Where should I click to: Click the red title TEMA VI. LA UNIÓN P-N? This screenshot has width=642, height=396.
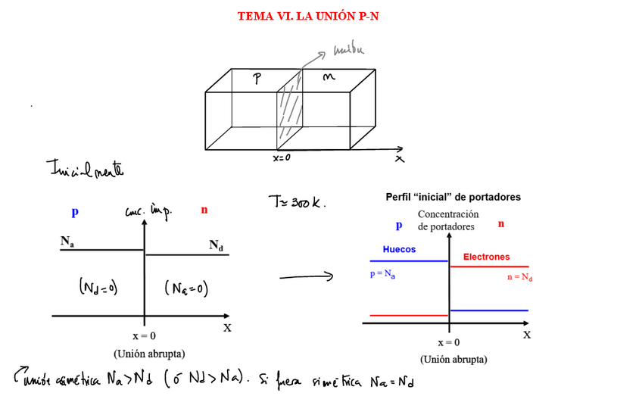coord(307,16)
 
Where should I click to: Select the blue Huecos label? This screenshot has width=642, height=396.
coord(399,249)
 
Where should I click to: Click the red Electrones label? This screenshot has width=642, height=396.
coord(486,257)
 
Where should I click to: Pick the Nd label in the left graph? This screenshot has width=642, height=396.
coord(217,245)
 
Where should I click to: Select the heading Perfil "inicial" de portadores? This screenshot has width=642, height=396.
coord(453,197)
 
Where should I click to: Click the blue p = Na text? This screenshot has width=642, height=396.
coord(383,274)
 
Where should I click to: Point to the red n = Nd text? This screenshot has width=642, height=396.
coord(519,277)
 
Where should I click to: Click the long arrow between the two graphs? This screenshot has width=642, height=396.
coord(306,277)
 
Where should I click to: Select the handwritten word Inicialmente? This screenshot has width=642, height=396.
coord(83,167)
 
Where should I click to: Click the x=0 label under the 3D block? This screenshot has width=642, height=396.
coord(281,158)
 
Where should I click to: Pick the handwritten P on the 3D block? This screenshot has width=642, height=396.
coord(257,80)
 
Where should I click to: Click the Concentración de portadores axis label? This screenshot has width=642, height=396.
coord(448,220)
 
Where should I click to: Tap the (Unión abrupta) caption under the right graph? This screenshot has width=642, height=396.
coord(453,360)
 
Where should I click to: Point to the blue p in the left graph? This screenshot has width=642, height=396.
coord(74,213)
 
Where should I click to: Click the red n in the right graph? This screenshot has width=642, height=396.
coord(500,224)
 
